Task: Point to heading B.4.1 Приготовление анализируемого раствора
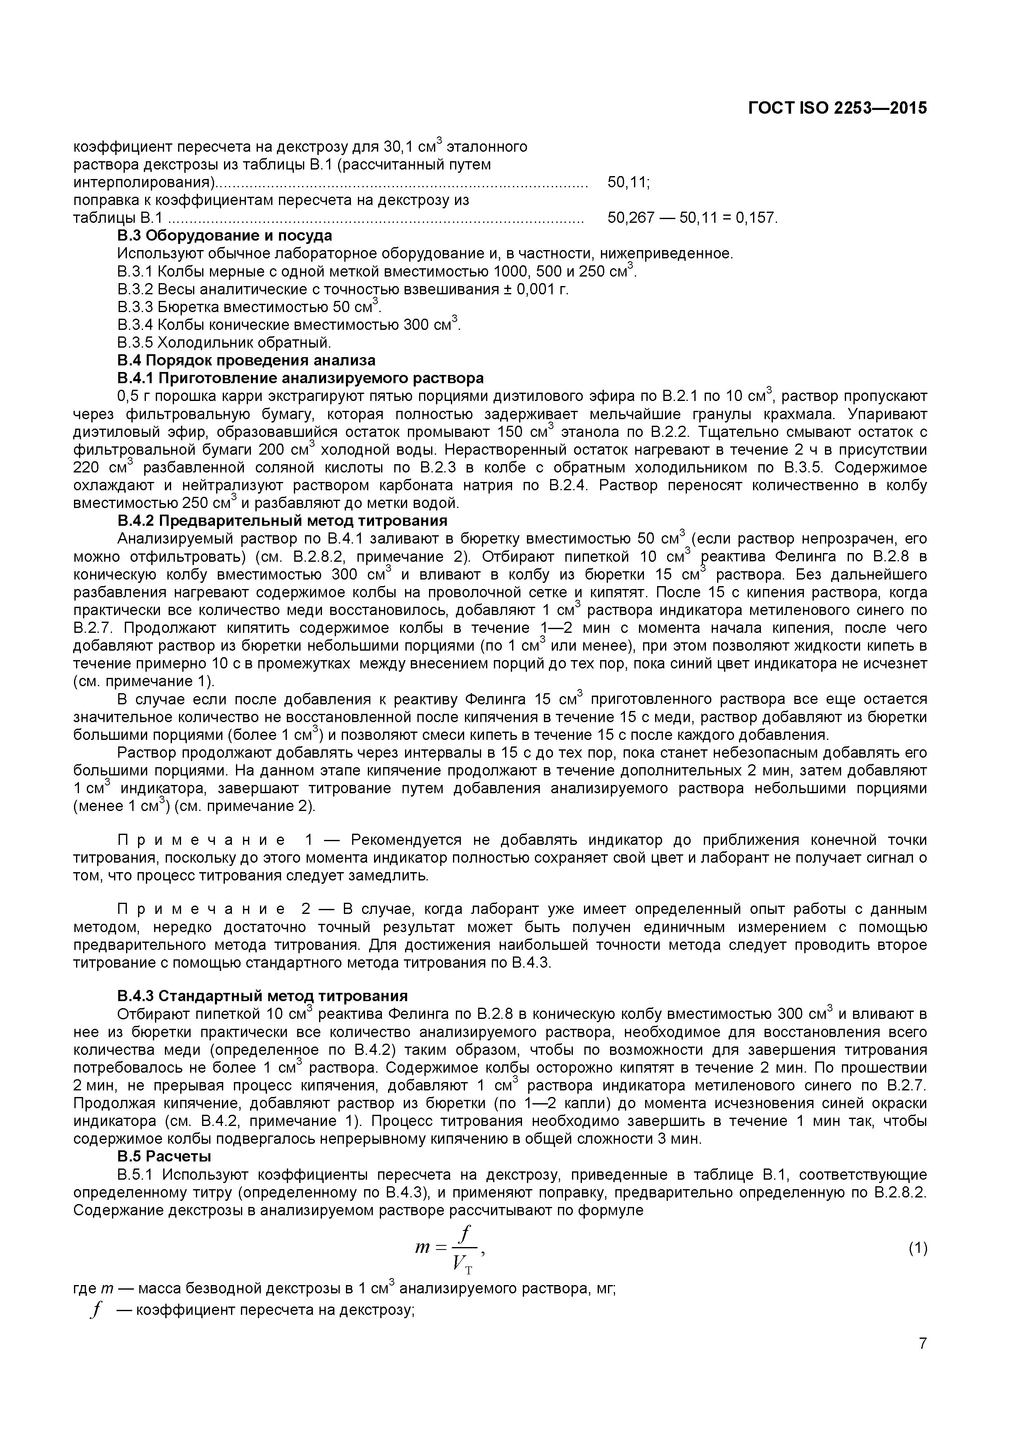pyautogui.click(x=300, y=378)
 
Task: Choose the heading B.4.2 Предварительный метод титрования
pyautogui.click(x=282, y=520)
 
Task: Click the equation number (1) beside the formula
pyautogui.click(x=918, y=1248)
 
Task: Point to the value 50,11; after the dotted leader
pyautogui.click(x=628, y=183)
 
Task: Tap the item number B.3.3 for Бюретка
pyautogui.click(x=135, y=307)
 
